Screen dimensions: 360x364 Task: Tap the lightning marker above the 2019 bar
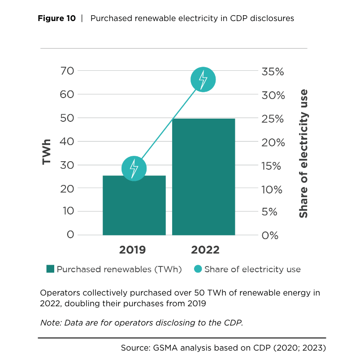(134, 168)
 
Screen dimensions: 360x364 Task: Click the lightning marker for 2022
(203, 80)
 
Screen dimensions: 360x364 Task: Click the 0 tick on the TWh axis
(69, 234)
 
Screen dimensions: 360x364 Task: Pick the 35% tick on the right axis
(273, 72)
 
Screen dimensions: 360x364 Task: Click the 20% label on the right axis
(273, 142)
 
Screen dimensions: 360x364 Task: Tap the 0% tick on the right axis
(270, 235)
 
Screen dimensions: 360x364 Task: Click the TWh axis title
(46, 152)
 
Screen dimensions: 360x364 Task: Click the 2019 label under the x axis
(132, 250)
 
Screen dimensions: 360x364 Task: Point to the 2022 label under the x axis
(205, 250)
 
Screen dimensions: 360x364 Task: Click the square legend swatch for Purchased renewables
(50, 269)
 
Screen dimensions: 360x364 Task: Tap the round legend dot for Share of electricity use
(198, 269)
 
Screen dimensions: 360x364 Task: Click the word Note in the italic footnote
(50, 323)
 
